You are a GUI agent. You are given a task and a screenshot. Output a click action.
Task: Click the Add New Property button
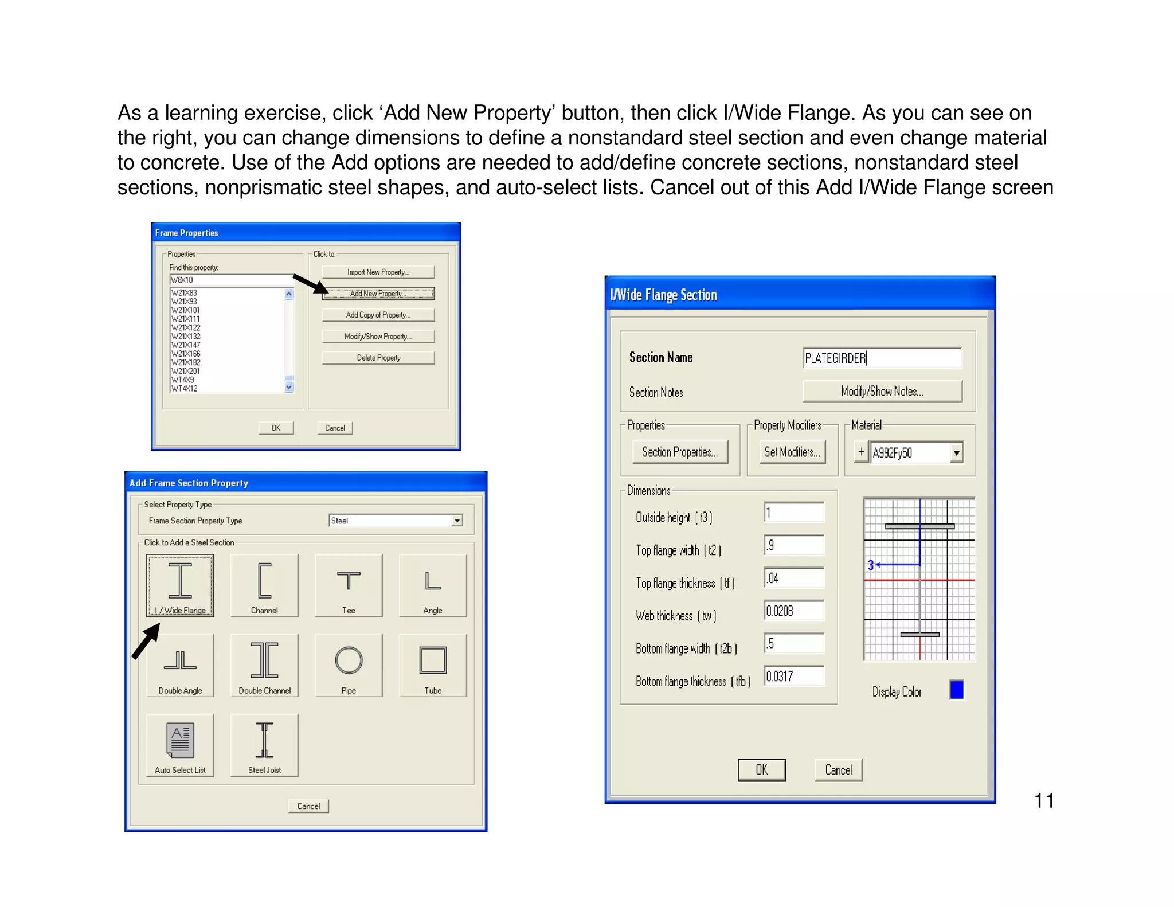(378, 294)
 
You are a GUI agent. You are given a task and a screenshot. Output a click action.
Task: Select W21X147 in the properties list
(186, 345)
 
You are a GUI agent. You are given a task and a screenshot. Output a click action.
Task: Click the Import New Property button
(378, 272)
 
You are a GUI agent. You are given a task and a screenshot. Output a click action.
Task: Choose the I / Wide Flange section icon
(180, 585)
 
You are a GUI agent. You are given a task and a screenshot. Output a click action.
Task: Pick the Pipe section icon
(349, 665)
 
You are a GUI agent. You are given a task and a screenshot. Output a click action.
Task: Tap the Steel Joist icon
(264, 745)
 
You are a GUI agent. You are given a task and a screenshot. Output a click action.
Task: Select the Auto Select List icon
(180, 745)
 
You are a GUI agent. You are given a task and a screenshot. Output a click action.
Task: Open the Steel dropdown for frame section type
(457, 521)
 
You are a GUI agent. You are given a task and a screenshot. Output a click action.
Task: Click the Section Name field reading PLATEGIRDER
(882, 358)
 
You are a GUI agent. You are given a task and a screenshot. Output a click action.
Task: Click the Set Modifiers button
(792, 452)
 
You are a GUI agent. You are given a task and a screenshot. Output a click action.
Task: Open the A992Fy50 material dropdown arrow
(956, 453)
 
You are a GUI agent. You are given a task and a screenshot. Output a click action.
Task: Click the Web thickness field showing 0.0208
(794, 611)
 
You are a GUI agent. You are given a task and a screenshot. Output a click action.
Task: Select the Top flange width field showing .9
(794, 545)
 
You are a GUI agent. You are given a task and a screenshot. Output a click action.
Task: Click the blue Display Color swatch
(956, 690)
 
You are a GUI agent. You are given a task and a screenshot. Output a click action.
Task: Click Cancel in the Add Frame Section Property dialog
(308, 806)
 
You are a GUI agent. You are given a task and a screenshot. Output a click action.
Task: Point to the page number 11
(1044, 801)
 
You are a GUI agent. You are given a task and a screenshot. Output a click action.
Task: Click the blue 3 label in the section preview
(870, 565)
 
